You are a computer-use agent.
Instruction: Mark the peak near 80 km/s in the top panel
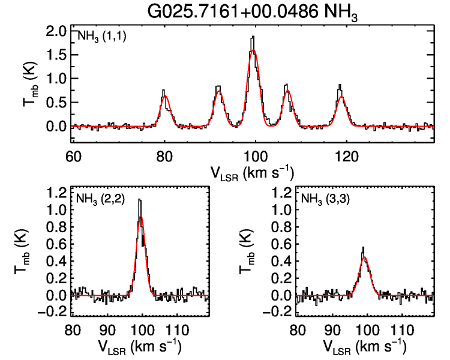tap(164, 91)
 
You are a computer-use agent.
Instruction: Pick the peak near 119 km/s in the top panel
tap(340, 85)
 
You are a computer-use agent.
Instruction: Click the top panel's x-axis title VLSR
tap(252, 173)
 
